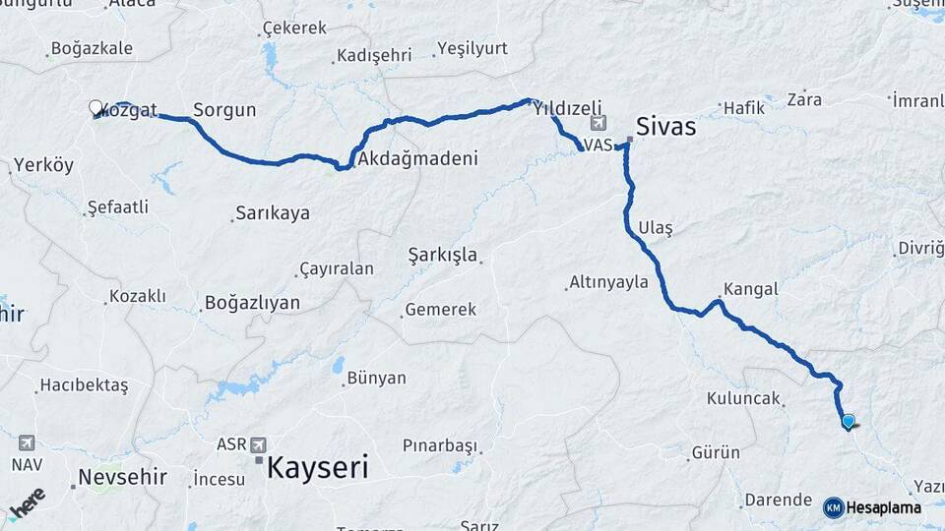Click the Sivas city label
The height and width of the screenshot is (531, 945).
coord(666,127)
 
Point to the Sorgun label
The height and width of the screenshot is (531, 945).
coord(224,110)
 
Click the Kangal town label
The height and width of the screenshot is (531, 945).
coord(750,289)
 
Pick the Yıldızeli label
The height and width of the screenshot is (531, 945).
coord(566,111)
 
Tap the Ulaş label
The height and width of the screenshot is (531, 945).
coord(656,228)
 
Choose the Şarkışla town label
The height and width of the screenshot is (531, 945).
coord(443,256)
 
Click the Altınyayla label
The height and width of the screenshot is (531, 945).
coord(608,282)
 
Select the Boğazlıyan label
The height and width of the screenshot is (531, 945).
coord(252,303)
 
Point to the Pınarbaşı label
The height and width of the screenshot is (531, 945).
coord(439,445)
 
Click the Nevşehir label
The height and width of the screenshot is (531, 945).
coord(122,478)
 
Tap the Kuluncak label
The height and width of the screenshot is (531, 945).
coord(743,399)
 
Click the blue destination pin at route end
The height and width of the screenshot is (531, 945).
coord(848,422)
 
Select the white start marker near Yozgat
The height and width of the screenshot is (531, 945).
coord(95,107)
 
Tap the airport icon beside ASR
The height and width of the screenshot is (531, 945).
coord(259,443)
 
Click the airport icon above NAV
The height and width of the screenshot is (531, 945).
coord(25,443)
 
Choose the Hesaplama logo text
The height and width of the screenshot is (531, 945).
coord(883,507)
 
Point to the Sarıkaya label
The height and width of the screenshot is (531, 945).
coord(272,213)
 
